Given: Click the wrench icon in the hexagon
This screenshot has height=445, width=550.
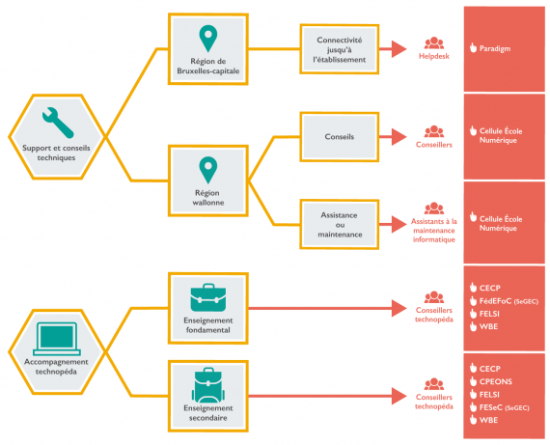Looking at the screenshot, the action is coord(58,123).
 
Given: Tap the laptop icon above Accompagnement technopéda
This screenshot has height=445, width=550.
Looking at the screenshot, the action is coord(57,339).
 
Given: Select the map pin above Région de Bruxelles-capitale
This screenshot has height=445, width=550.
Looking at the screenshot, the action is coord(208,39).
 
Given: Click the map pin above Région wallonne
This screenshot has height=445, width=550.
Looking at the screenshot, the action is coord(208,170).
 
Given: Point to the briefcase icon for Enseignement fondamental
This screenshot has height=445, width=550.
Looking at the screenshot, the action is coord(208,297).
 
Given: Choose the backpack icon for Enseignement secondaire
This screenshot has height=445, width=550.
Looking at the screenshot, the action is coord(208,385).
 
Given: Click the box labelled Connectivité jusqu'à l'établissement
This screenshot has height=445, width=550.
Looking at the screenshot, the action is coord(340,49).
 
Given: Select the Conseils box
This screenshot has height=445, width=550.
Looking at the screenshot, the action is coord(340,137).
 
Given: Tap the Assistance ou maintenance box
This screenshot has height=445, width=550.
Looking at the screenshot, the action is coord(340,225).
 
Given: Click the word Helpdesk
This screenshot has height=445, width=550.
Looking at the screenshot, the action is coord(434,56).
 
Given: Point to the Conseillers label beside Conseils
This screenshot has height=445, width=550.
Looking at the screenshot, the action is coord(434,145).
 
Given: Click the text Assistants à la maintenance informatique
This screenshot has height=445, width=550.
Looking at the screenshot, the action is coord(434,231).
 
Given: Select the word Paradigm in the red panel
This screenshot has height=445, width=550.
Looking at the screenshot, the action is coord(495,49).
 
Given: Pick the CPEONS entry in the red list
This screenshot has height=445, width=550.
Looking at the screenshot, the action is coord(496,381).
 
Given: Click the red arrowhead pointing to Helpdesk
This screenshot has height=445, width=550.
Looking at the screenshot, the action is coord(399,49).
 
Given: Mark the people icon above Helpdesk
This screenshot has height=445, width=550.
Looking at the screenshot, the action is coord(434,43).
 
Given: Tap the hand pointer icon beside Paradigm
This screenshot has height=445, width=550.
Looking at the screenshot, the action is coord(473,47).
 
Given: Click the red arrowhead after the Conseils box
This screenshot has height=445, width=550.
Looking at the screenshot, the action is coord(399,137).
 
